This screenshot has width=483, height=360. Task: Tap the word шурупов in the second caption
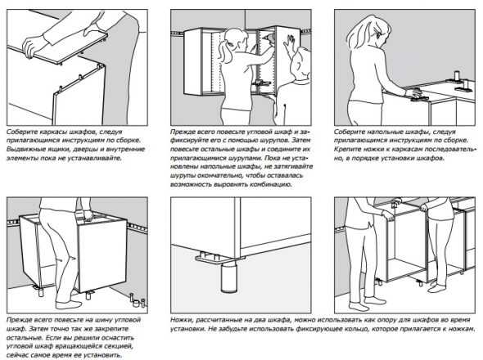[x=278, y=141]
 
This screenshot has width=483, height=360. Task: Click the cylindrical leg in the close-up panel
[x=228, y=277]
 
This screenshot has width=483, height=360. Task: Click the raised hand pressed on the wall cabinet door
[x=289, y=44]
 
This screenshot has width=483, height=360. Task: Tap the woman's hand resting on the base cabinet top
[x=412, y=92]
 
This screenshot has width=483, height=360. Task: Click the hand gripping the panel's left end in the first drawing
[x=32, y=46]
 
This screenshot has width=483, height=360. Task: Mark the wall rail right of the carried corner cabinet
[x=137, y=227]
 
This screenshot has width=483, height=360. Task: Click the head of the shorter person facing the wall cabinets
[x=301, y=63]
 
